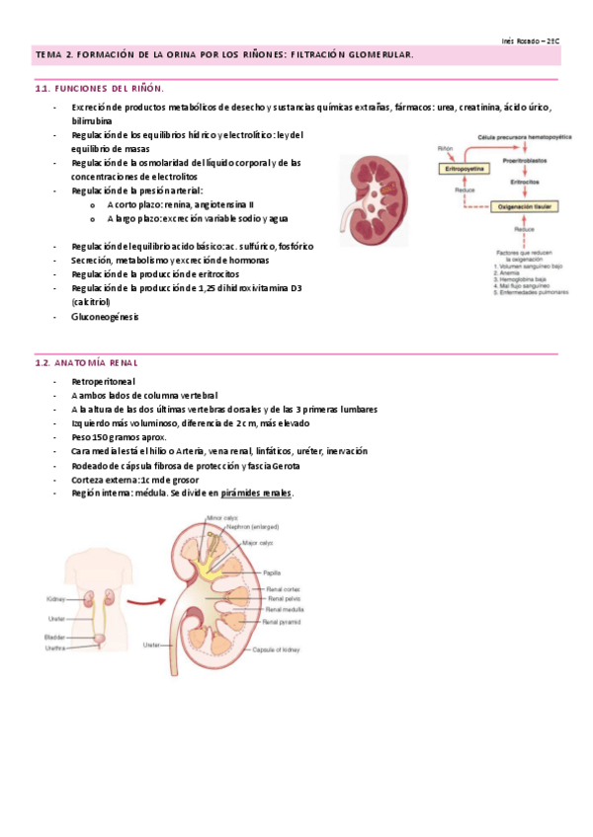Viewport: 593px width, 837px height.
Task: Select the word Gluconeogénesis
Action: tap(106, 317)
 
